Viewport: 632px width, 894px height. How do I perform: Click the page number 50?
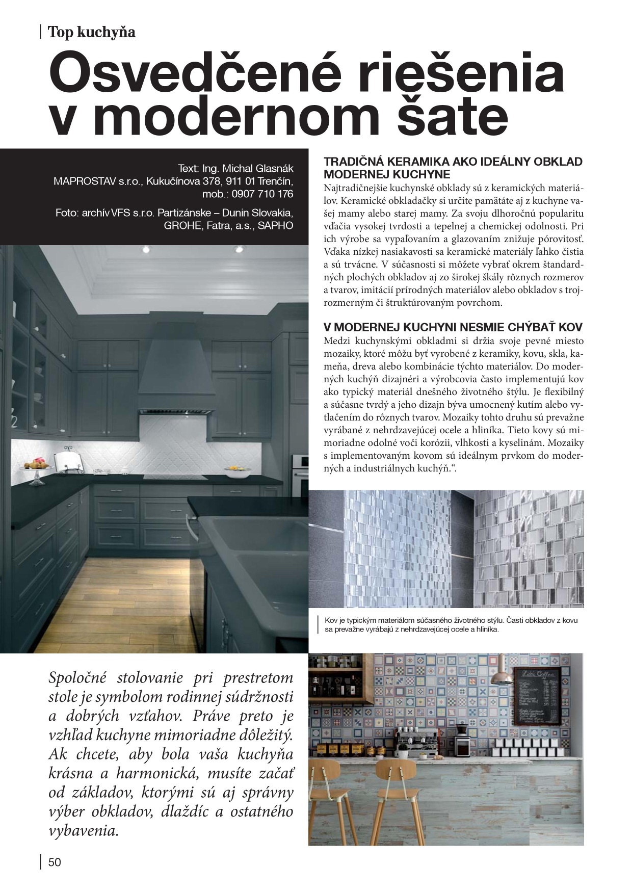point(54,862)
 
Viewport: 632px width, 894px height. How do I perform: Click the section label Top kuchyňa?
point(91,33)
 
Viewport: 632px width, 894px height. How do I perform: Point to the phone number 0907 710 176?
point(262,194)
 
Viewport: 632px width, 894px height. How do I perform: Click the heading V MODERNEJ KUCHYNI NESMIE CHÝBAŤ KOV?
point(453,327)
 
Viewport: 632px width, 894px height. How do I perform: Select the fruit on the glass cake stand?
point(37,464)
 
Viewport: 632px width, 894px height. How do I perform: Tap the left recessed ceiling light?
point(147,250)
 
